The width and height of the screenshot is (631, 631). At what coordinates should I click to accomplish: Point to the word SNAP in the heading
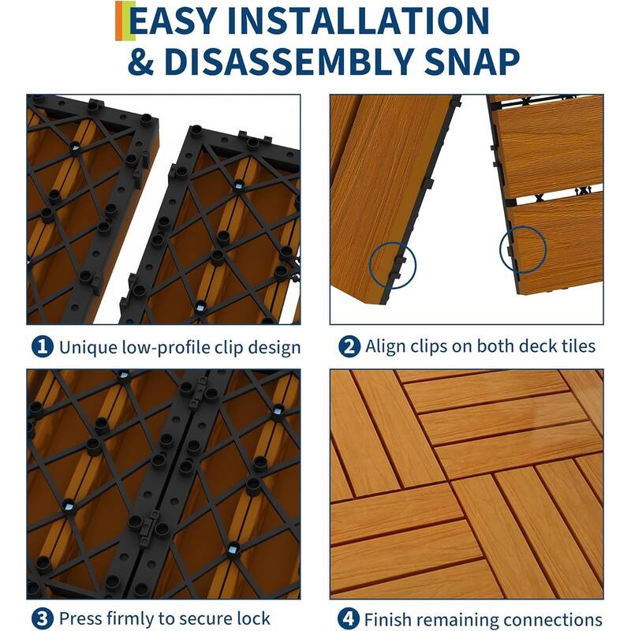coord(470,62)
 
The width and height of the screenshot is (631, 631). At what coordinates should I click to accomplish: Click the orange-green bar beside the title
coord(120,21)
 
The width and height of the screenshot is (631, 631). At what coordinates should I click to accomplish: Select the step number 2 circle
coord(348,346)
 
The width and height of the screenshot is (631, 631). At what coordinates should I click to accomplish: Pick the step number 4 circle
coord(348,618)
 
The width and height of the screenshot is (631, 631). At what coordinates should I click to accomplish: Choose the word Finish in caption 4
coord(388,618)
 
